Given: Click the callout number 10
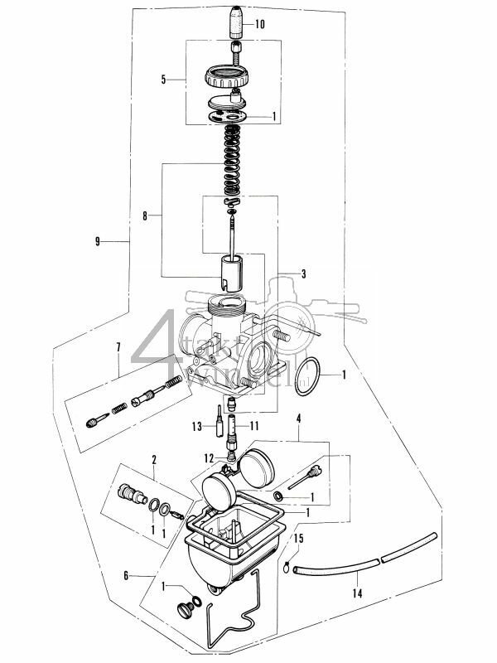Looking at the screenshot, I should point(261,25).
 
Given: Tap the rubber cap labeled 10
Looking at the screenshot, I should point(237,21).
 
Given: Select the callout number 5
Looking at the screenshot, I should point(163,80).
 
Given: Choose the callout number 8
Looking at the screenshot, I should point(146,217).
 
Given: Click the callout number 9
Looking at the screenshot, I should point(99,242).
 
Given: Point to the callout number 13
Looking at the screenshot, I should point(195,426).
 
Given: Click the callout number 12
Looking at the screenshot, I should point(209,457).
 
